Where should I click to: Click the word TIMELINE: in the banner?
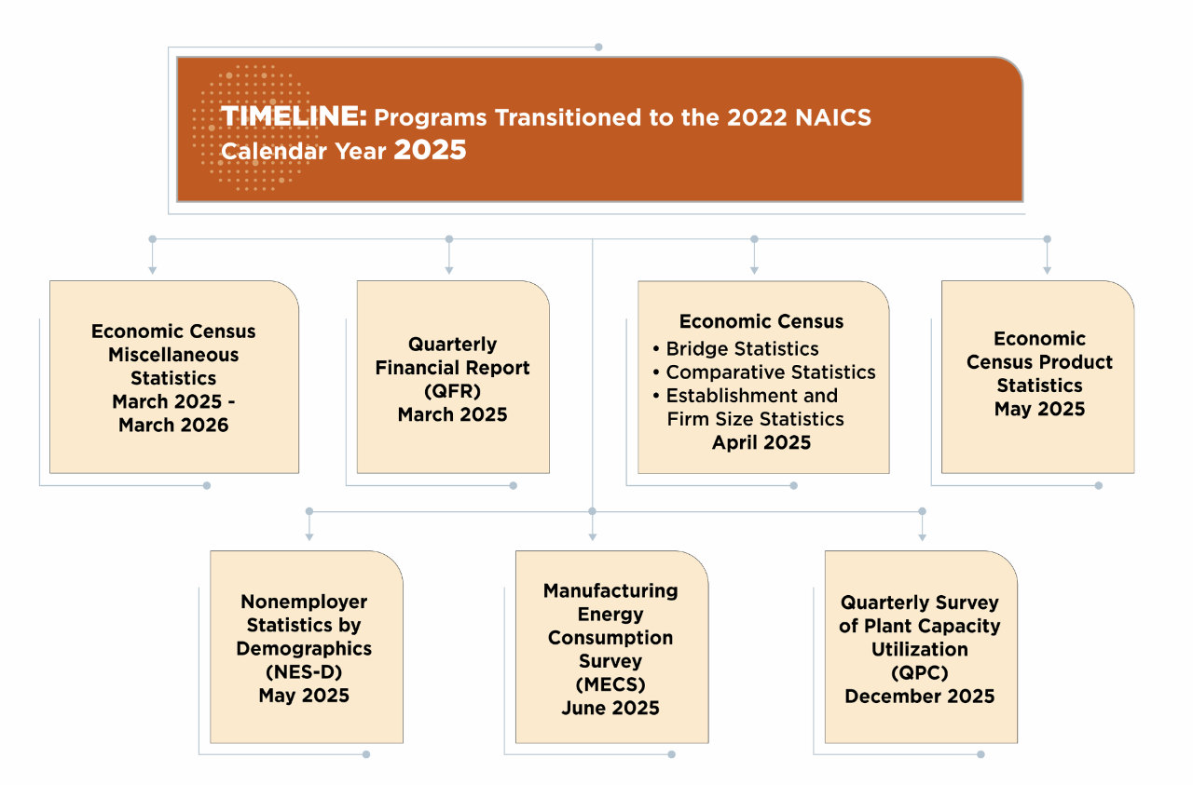tap(294, 116)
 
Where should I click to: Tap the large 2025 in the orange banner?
tap(430, 150)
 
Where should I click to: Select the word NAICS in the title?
tap(833, 117)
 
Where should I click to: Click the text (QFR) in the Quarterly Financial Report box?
tap(452, 391)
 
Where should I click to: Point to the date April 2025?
tap(761, 442)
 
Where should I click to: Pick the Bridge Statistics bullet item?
tap(735, 348)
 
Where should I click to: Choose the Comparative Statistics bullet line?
tap(763, 372)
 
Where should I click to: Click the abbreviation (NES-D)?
tap(304, 672)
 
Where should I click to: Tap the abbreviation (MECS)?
tap(610, 684)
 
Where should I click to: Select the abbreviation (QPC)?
tap(919, 672)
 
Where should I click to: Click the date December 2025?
tap(919, 697)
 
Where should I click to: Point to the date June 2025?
tap(610, 708)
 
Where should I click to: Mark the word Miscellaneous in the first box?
tap(173, 355)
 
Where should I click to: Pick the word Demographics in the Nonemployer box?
tap(304, 649)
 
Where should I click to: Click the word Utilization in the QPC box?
tap(919, 649)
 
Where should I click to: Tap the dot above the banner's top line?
tap(598, 47)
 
